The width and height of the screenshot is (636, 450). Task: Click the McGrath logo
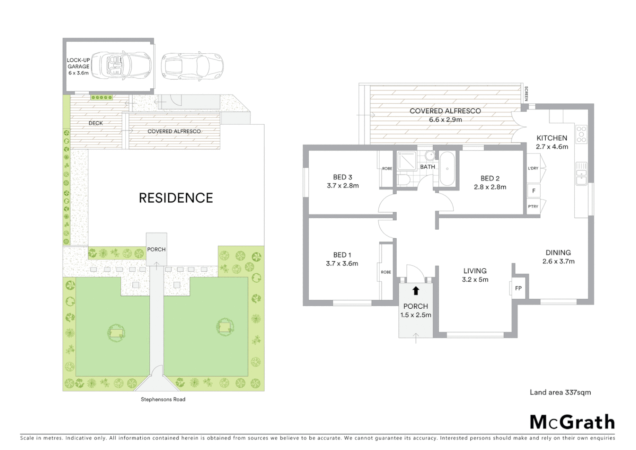point(572,422)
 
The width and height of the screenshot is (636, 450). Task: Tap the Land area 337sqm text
point(560,392)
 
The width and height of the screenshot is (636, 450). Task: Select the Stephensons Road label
point(163,399)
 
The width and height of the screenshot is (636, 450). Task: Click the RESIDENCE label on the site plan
point(176,198)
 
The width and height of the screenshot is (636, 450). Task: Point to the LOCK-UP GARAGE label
point(78,66)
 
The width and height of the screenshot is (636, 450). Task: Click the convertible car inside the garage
point(121,65)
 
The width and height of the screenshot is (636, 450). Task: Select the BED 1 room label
point(342,259)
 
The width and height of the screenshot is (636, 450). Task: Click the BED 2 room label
point(490,182)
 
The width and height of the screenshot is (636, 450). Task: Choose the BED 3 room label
point(342,181)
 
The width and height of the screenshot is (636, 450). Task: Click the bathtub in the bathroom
point(447,169)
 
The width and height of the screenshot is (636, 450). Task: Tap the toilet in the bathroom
point(403,180)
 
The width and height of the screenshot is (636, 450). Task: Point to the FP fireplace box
point(518,288)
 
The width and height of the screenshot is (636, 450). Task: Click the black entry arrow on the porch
point(415,290)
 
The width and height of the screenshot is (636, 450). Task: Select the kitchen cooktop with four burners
point(581,134)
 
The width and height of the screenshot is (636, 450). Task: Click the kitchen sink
point(581,174)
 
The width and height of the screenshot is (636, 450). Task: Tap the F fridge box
point(534,191)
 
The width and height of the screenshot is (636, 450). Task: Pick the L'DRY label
point(533,168)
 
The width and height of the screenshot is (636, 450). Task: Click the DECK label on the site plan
point(96,123)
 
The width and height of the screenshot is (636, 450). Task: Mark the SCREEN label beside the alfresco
point(526,94)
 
